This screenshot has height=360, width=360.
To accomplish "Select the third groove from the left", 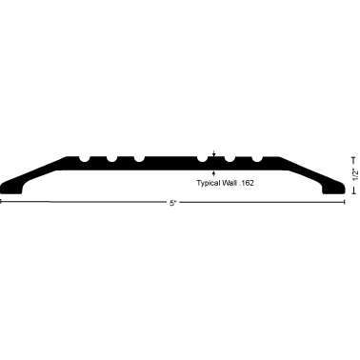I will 139,157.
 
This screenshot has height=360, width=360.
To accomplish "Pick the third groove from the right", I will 203,157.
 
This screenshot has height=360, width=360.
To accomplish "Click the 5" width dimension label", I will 172,202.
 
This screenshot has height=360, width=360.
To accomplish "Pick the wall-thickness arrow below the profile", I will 215,170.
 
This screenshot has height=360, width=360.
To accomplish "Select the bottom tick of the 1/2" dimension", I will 353,191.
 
